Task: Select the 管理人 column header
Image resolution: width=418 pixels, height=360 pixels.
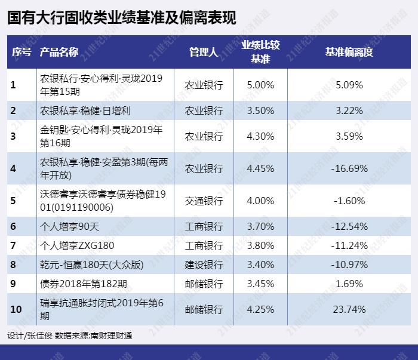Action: coord(203,52)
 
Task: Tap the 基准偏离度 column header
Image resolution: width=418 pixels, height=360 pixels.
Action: coord(349,52)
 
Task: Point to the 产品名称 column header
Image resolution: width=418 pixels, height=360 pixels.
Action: coord(59,52)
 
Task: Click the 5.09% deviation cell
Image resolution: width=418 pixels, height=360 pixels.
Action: coord(349,85)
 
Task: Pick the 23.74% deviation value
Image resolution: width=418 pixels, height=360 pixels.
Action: coord(349,309)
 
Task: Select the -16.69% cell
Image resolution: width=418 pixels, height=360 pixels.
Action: coord(349,168)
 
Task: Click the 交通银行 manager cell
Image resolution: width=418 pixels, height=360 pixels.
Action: coord(204,201)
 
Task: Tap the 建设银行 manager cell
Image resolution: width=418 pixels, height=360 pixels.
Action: coord(204,263)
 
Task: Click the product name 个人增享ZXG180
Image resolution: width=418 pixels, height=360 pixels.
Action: coord(76,245)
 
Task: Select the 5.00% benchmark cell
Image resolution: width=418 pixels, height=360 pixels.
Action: coord(260,85)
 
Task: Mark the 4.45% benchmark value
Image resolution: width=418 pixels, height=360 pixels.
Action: coord(260,168)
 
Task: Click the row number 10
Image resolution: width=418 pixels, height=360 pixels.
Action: coord(16,309)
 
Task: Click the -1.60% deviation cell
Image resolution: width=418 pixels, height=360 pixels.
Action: coord(349,201)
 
